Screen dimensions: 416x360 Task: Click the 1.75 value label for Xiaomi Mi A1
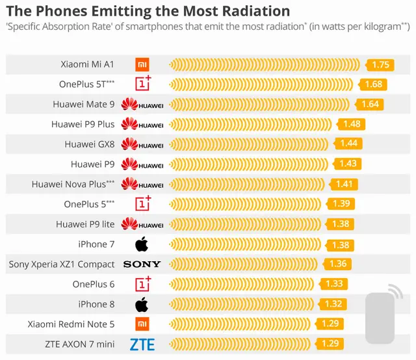pos(380,65)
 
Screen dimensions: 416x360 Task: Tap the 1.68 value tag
pos(372,84)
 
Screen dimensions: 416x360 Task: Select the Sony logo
pos(142,264)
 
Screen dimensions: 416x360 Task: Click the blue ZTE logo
pos(142,344)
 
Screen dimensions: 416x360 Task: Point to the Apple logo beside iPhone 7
pos(142,244)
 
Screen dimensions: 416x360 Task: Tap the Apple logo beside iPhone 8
pos(142,304)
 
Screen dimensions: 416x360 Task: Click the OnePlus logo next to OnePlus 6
pos(143,284)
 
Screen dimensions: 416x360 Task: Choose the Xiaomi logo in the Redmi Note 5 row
pos(142,324)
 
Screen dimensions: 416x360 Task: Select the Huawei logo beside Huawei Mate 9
pos(142,104)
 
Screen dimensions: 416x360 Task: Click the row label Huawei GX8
pos(90,144)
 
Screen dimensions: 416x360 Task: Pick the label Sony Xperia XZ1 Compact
pos(62,264)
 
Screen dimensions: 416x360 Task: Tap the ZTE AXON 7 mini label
pos(80,344)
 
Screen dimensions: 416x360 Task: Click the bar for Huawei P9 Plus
pos(250,124)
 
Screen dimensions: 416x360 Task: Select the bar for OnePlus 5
pos(245,204)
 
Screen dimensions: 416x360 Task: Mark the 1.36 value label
pos(337,264)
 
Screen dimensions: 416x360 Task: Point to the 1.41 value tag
pos(343,185)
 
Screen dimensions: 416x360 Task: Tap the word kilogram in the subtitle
pos(382,27)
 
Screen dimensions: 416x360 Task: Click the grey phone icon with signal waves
pos(382,315)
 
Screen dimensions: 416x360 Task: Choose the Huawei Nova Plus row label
pos(73,184)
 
